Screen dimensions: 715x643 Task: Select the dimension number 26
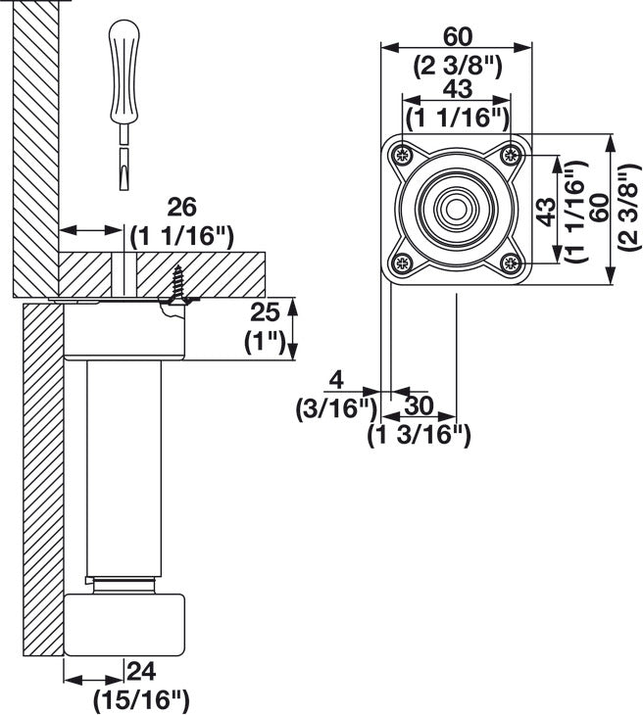click(x=182, y=208)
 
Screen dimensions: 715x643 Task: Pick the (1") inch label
click(x=263, y=342)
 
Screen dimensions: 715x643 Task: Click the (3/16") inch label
click(x=336, y=408)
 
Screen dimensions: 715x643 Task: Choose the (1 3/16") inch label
click(x=420, y=435)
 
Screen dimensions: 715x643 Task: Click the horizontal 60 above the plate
click(x=457, y=36)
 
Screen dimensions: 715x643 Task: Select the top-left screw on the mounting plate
click(x=402, y=155)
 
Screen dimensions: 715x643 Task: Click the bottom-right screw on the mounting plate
click(x=510, y=262)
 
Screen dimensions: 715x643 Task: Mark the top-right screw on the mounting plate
click(x=510, y=155)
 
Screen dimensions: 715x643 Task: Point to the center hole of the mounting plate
click(x=456, y=209)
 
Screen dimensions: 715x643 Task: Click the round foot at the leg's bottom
click(x=124, y=623)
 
